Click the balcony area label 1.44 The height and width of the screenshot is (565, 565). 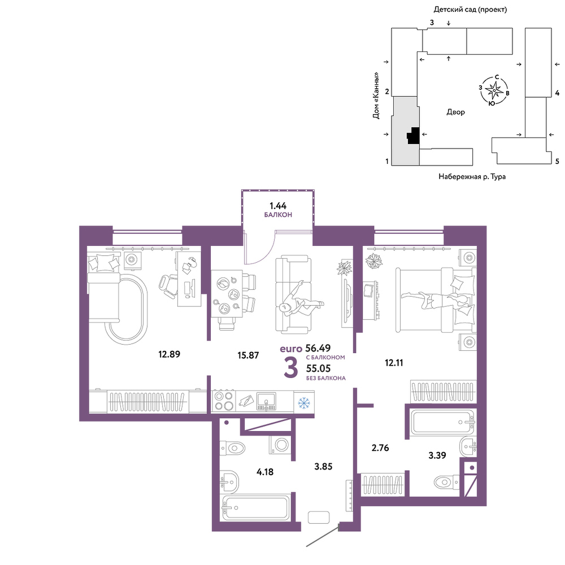tap(278, 206)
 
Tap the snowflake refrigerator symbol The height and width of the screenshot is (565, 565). tap(304, 402)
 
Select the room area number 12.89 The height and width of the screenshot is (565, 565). tap(169, 354)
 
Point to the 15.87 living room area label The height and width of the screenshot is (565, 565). tap(248, 355)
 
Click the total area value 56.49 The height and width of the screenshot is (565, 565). tap(318, 347)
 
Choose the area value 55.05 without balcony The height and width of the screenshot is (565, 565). tap(318, 368)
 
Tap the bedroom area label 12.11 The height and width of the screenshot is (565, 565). tap(394, 363)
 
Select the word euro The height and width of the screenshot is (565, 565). tap(291, 349)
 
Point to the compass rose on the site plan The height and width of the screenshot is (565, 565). tap(494, 90)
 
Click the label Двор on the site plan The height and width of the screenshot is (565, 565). tap(456, 112)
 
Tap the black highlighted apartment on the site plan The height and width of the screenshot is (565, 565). tap(414, 136)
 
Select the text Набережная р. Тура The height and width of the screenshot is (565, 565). tap(472, 176)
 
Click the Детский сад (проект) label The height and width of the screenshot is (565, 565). tap(470, 10)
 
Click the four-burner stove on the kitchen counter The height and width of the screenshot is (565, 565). tap(223, 401)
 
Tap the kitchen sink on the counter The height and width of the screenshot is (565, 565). tap(266, 402)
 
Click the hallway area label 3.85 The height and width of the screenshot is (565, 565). tap(323, 467)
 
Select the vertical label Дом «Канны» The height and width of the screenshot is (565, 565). tap(376, 95)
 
